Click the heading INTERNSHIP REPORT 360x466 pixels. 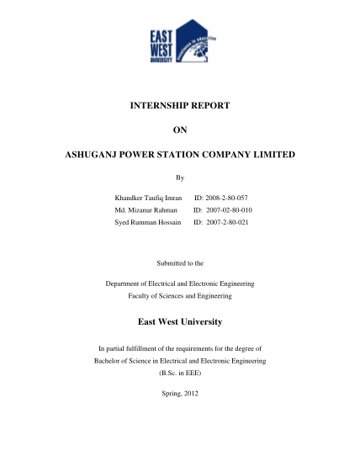click(x=179, y=106)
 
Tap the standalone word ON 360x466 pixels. click(x=179, y=130)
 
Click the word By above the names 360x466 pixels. click(x=179, y=178)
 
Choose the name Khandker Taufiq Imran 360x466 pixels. click(x=148, y=197)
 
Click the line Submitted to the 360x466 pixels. click(x=179, y=263)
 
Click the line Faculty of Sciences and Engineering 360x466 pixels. click(x=179, y=296)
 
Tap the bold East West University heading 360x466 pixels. click(x=179, y=322)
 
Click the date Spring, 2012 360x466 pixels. click(x=179, y=394)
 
